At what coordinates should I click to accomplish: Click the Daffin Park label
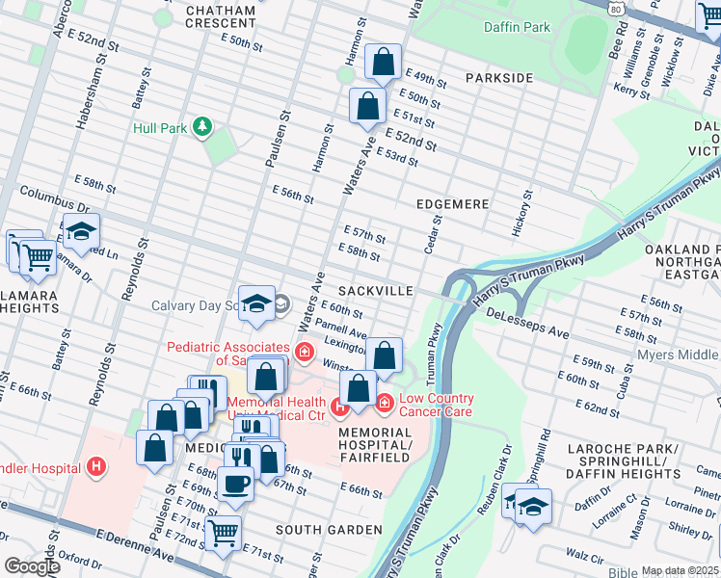(516, 27)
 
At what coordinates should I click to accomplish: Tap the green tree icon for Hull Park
(202, 126)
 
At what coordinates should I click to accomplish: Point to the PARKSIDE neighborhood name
(498, 77)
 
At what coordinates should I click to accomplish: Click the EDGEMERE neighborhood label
(452, 205)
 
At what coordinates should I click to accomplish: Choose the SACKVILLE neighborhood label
(375, 290)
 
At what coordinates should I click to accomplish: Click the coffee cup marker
(235, 484)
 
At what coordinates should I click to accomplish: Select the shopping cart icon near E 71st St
(224, 531)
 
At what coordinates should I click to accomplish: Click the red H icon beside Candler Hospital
(95, 468)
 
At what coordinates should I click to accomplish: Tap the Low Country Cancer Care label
(437, 405)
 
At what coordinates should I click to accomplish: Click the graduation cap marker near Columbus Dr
(83, 231)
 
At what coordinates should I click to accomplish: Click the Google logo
(33, 566)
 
